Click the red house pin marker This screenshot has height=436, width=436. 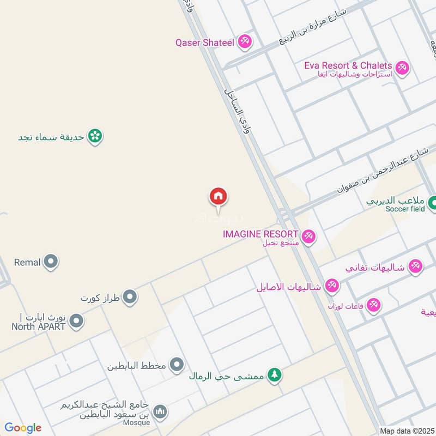pos(218,196)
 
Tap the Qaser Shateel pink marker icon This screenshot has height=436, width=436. pos(245,41)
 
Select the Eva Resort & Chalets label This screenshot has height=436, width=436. pos(348,65)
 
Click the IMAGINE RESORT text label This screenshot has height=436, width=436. pos(261,234)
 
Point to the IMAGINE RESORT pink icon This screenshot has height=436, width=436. pos(309,236)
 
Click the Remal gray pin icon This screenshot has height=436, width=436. pos(51,262)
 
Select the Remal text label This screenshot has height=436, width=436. pos(27,262)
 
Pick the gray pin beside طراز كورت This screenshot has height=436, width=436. pos(130,297)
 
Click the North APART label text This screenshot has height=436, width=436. pos(38,327)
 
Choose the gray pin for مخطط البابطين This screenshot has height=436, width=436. pos(177,365)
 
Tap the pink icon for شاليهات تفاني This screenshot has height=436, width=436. pos(416,267)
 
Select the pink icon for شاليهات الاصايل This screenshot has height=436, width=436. pos(331,286)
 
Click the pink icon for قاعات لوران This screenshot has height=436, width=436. pos(373,305)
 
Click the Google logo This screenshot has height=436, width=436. pos(23,428)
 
